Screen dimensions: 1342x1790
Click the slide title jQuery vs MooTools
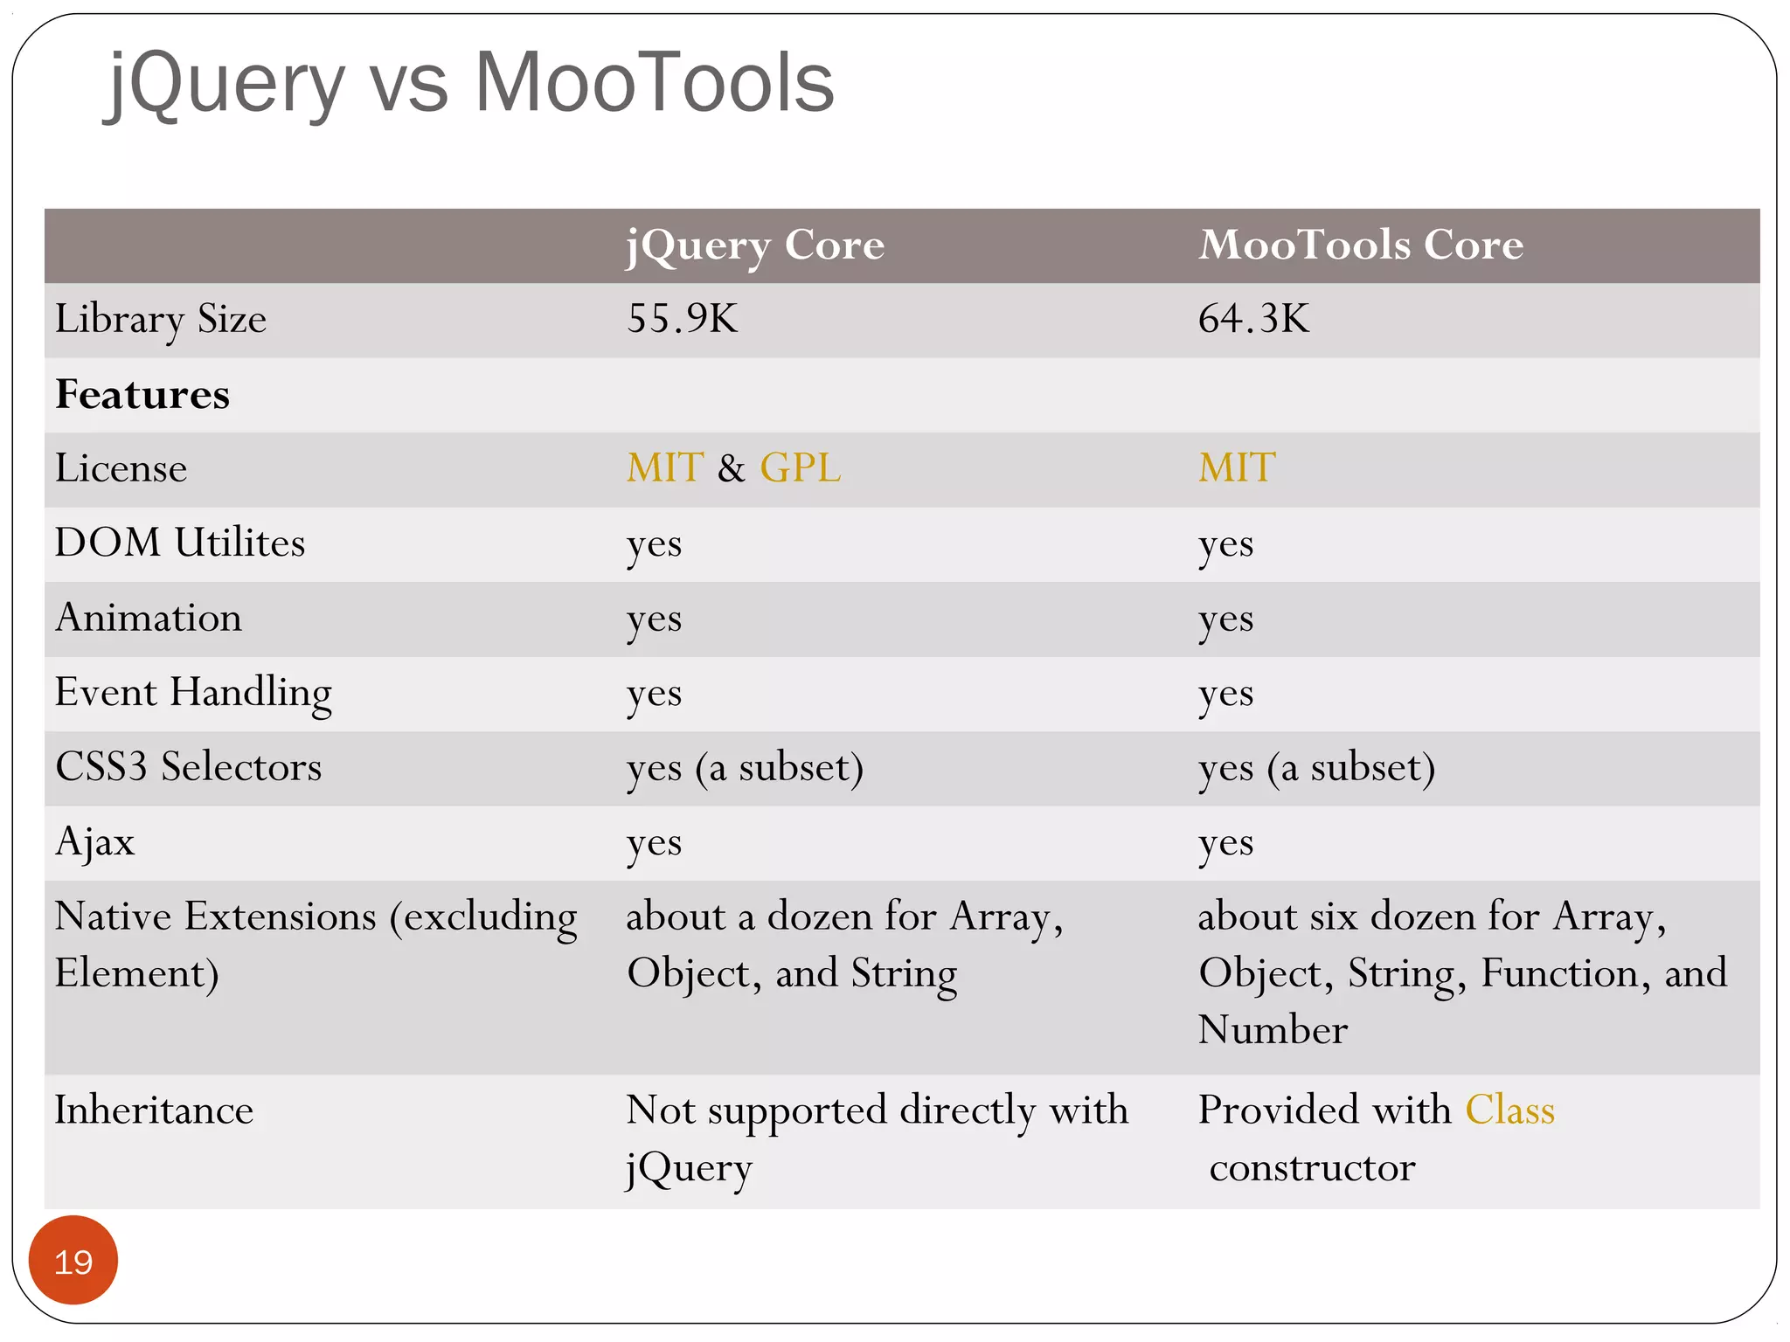tap(470, 83)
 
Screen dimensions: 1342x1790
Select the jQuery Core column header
tap(755, 246)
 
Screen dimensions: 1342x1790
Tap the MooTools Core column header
tap(1360, 245)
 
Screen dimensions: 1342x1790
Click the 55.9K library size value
tap(682, 319)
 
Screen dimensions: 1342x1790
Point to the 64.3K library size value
tap(1252, 319)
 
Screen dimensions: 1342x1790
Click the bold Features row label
tap(142, 395)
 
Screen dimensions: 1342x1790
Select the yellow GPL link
tap(800, 468)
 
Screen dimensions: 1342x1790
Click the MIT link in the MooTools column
tap(1236, 468)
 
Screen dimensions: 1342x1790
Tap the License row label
tap(121, 469)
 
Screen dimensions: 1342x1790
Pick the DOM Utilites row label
tap(180, 543)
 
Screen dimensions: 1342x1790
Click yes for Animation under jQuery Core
tap(654, 619)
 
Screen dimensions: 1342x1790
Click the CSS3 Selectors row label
tap(188, 768)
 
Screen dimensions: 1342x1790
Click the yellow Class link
tap(1509, 1110)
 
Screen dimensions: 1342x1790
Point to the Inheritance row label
tap(154, 1111)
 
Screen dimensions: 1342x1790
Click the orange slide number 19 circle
tap(73, 1260)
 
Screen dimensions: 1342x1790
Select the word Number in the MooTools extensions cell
tap(1273, 1030)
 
